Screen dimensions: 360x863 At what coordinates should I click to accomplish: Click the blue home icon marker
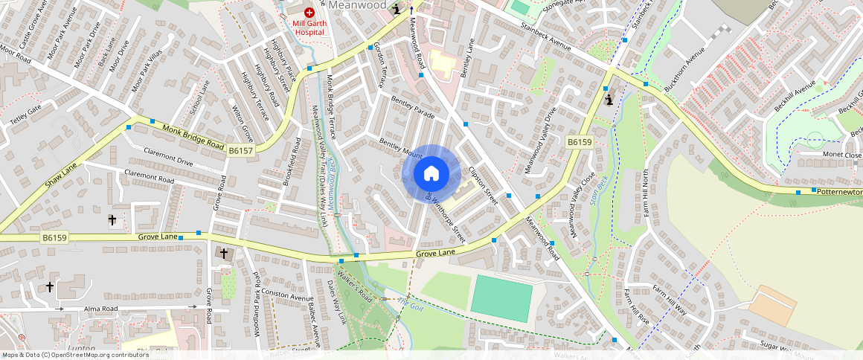[x=431, y=173]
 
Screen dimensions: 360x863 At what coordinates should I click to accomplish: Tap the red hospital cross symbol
[x=309, y=13]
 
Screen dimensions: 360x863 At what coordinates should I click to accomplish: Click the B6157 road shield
[x=241, y=151]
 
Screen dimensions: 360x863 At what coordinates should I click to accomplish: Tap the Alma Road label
[x=101, y=306]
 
